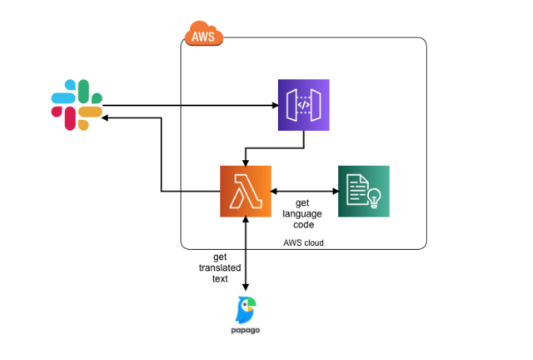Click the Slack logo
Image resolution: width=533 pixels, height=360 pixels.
(76, 105)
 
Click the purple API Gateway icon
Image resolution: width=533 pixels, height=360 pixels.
(303, 105)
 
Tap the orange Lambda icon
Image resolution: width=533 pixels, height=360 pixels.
(246, 191)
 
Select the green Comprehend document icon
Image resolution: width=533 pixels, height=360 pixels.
(363, 191)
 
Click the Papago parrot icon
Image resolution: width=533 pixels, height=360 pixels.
(247, 310)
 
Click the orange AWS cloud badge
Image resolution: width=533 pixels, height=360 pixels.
(202, 36)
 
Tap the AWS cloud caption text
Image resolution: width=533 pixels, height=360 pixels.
(301, 242)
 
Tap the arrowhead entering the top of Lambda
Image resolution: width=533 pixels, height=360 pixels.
(246, 161)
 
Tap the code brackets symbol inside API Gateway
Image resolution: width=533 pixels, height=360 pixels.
(303, 106)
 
